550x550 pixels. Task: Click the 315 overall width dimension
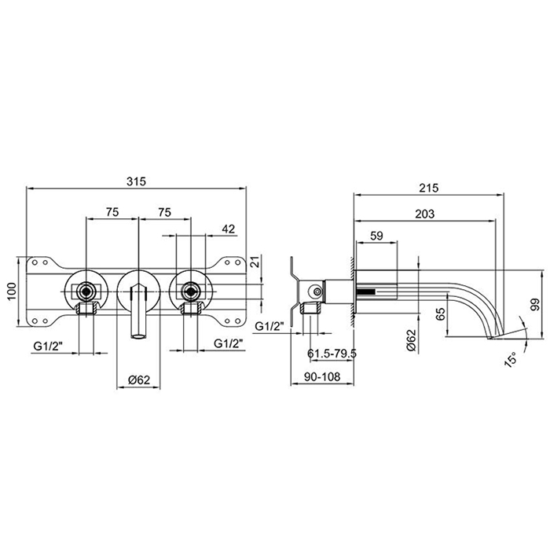click(136, 181)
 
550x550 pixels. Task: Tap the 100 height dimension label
click(12, 291)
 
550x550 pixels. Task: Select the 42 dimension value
click(229, 229)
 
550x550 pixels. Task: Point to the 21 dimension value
click(256, 262)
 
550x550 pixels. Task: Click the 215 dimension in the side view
click(429, 188)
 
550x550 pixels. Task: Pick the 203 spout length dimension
click(424, 214)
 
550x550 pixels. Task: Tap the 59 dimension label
click(376, 236)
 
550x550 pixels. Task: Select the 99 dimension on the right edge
click(535, 305)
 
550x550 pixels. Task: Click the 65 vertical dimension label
click(442, 313)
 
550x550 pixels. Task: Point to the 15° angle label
click(511, 360)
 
